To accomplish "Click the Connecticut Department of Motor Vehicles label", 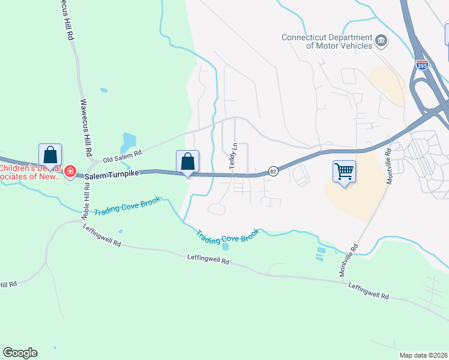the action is (327, 41).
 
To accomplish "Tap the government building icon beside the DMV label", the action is (381, 41).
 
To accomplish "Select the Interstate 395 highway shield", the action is (422, 64).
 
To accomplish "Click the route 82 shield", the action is (273, 171).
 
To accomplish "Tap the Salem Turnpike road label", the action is (112, 175).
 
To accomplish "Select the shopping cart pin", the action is (344, 172).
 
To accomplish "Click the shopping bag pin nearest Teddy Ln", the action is (187, 161).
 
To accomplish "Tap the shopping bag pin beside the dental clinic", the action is (50, 155).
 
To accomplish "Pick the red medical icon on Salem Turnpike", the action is (70, 172).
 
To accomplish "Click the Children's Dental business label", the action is (30, 172).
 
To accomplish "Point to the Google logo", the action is (20, 353).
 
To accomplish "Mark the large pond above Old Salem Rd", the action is (128, 142).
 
